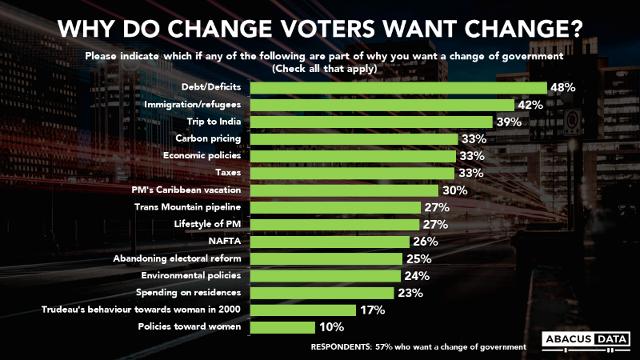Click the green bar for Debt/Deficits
coord(398,87)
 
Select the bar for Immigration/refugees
coord(382,105)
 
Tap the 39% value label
coord(508,122)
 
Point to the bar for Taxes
coord(352,173)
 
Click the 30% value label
coord(454,190)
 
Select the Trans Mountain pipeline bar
coord(335,208)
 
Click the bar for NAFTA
coord(333,242)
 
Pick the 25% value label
coord(418,258)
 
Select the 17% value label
coord(372,310)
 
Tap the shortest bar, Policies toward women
coord(282,327)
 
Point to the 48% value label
coord(563,87)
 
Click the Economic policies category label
coord(204,156)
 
